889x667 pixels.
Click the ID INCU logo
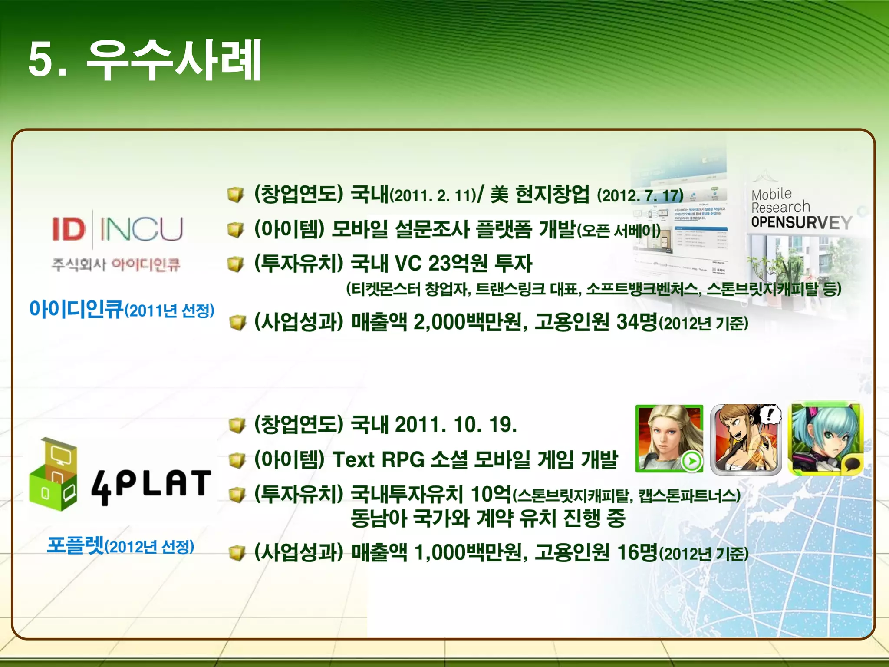117,229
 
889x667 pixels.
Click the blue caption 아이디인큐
76,309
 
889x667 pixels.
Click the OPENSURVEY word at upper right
801,222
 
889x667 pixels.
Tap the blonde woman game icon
669,439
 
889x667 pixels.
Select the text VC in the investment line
408,263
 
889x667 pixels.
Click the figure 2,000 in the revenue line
439,322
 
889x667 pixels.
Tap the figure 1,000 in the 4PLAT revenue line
439,552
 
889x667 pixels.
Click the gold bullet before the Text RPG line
237,460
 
